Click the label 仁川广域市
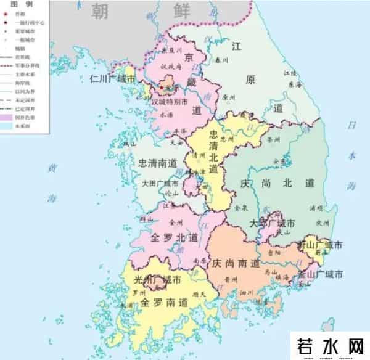coord(112,79)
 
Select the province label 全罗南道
coord(162,302)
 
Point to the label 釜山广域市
coord(321,274)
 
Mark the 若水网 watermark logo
coord(330,344)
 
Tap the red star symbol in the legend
coord(7,12)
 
